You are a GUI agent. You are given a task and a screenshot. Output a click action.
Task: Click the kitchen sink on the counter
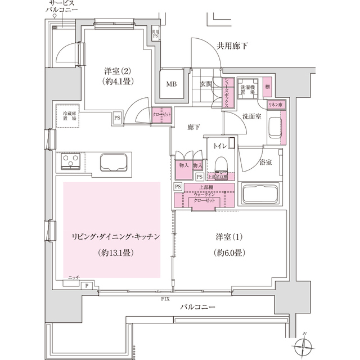tap(115, 163)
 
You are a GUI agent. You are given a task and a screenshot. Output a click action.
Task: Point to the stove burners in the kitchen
tap(71, 163)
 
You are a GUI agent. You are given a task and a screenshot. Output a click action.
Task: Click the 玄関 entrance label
tap(205, 84)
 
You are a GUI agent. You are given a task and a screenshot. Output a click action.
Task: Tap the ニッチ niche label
tap(73, 278)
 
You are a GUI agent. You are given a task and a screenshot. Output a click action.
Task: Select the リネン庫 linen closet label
tap(275, 105)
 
